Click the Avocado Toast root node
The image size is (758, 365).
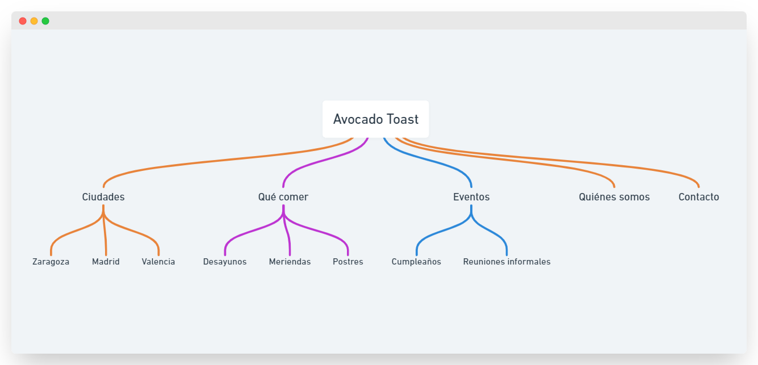375,119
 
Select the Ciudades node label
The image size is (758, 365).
103,197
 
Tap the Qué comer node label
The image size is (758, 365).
283,197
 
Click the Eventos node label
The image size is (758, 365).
471,197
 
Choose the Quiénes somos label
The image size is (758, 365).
614,197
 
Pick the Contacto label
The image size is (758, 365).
698,197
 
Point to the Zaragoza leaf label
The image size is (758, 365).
51,262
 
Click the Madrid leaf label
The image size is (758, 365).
106,262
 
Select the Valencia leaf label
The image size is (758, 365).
158,262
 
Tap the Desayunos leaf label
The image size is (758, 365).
225,262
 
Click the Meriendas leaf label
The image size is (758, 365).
290,262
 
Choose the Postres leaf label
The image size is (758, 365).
347,262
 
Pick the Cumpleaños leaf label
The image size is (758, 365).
416,262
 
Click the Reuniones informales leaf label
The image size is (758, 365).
506,262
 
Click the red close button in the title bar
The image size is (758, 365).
23,21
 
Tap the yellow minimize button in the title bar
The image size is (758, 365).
34,21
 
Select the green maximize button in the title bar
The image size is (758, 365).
45,21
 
